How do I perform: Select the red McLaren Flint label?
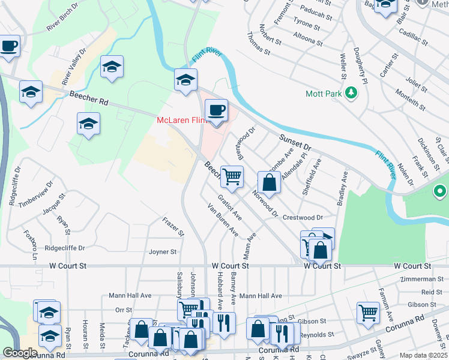[x=181, y=120]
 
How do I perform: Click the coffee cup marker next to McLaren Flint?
[x=216, y=111]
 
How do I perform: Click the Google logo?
[x=19, y=353]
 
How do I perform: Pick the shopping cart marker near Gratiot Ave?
[x=232, y=176]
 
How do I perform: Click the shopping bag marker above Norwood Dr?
[x=270, y=182]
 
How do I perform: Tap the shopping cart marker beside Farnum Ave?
[x=368, y=311]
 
